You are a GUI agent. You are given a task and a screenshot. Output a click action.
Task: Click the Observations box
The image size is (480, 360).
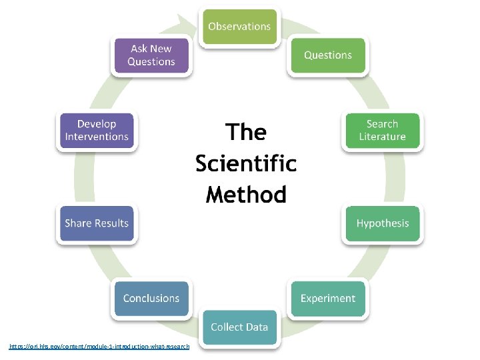239,27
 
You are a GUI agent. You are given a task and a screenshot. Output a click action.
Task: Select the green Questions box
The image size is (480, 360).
327,55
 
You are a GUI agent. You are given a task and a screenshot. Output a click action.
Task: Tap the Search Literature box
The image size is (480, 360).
382,131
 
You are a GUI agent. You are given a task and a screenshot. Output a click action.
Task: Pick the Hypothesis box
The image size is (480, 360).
382,223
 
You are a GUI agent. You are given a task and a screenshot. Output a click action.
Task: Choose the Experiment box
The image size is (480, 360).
327,298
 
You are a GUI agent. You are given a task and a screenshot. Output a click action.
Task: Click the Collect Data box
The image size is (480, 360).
239,327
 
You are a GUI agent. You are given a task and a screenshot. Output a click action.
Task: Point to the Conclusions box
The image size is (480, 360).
151,298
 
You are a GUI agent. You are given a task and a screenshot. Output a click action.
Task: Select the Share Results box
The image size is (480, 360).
97,223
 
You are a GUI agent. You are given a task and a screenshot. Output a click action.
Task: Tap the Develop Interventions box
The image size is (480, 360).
97,131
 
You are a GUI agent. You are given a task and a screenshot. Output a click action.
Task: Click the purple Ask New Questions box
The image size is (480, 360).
151,55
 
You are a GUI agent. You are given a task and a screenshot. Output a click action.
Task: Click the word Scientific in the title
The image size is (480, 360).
246,163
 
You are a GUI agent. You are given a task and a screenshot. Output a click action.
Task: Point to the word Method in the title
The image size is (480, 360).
246,195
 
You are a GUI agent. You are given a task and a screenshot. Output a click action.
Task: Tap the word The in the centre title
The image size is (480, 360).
246,133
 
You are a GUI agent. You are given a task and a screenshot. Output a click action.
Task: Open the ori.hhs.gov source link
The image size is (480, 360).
99,347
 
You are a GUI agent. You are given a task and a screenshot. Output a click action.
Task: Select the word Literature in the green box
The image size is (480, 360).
382,137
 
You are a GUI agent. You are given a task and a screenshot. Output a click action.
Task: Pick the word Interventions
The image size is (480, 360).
97,137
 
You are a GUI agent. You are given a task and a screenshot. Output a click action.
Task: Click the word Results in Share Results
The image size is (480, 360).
112,223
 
